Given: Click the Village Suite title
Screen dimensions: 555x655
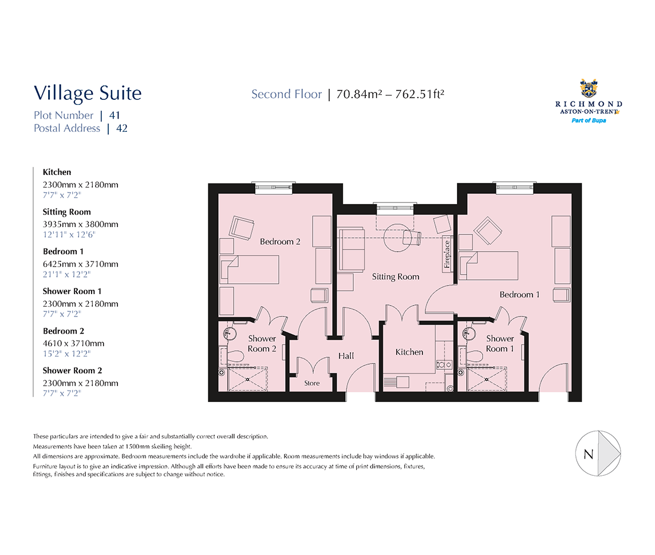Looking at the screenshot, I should [x=88, y=93].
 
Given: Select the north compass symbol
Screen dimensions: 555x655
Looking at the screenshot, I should [x=598, y=454].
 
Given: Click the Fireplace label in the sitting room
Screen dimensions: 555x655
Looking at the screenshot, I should [x=447, y=254].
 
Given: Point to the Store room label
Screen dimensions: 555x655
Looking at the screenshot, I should [x=312, y=383].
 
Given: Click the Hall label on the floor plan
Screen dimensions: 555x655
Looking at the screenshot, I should [x=346, y=356].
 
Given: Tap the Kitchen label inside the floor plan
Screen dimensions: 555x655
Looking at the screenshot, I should [x=409, y=352].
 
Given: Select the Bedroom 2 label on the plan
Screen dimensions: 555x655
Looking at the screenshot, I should [x=280, y=241].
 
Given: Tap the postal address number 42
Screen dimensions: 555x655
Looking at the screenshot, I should [x=121, y=128].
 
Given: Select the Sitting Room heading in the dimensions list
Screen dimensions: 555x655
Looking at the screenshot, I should [x=66, y=212].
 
